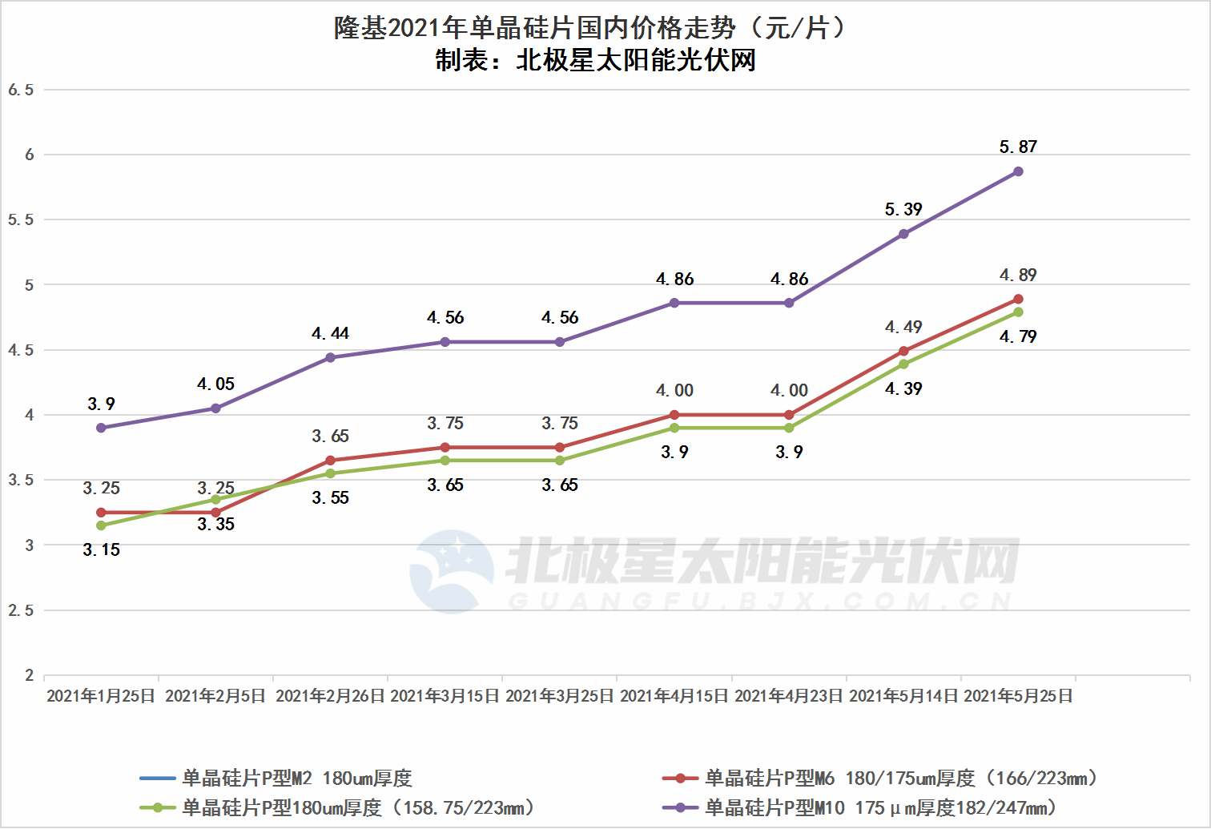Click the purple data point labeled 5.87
(1018, 171)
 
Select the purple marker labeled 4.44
(330, 357)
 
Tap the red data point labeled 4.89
(1018, 299)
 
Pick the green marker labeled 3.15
(101, 525)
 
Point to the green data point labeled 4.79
(1018, 312)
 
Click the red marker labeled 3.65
(330, 461)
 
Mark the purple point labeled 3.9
(101, 428)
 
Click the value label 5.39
(903, 210)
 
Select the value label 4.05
(215, 384)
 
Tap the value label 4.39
(903, 389)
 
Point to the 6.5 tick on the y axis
(22, 90)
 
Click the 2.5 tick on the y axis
(22, 610)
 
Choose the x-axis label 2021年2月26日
(330, 696)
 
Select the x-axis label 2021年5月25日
(1018, 696)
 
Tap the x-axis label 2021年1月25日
(101, 696)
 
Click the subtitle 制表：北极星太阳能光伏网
(596, 60)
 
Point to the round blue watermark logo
(452, 571)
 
